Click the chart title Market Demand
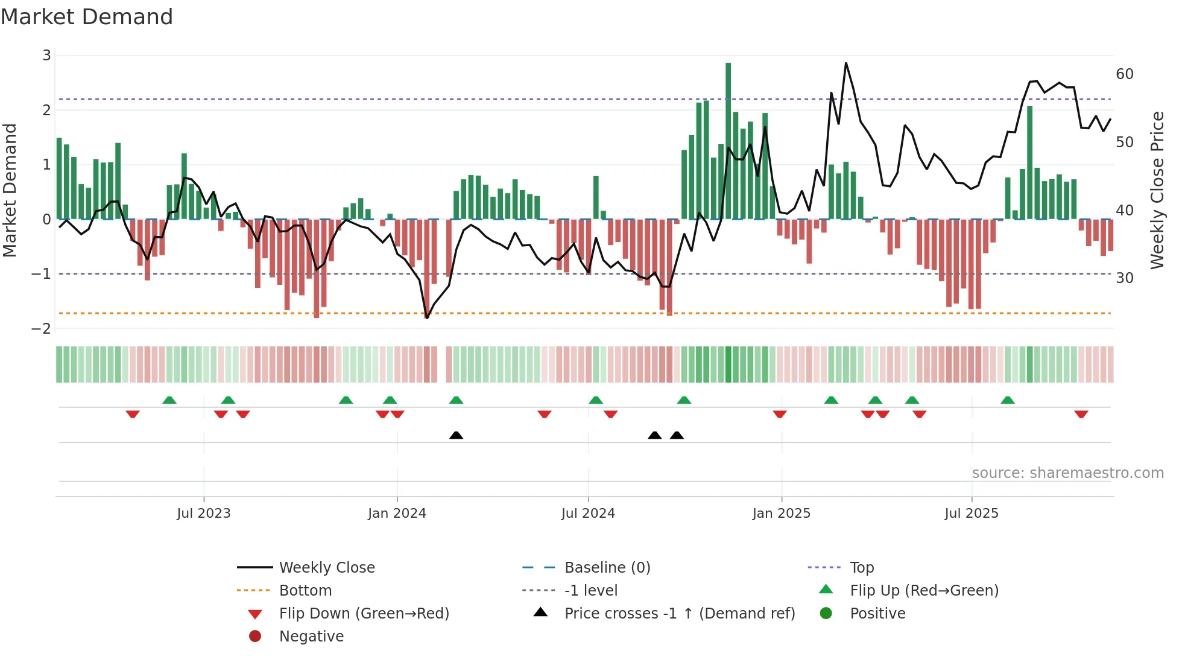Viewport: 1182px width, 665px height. click(87, 17)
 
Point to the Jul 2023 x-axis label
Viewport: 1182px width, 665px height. click(204, 514)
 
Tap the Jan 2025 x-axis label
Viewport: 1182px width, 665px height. click(781, 514)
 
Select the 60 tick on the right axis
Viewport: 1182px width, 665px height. click(1124, 74)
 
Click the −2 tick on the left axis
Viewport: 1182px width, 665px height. click(41, 329)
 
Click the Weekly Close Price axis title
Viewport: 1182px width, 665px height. click(1157, 190)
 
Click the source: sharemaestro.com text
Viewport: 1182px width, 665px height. click(1067, 473)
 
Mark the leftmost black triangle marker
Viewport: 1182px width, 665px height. click(457, 435)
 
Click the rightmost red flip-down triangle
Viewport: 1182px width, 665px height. click(1081, 414)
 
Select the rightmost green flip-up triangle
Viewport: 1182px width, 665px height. click(1008, 400)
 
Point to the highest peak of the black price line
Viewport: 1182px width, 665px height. click(845, 63)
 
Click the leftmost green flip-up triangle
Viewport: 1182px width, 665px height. click(169, 400)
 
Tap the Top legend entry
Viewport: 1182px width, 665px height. click(861, 568)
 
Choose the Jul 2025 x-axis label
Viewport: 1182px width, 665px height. click(971, 514)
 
